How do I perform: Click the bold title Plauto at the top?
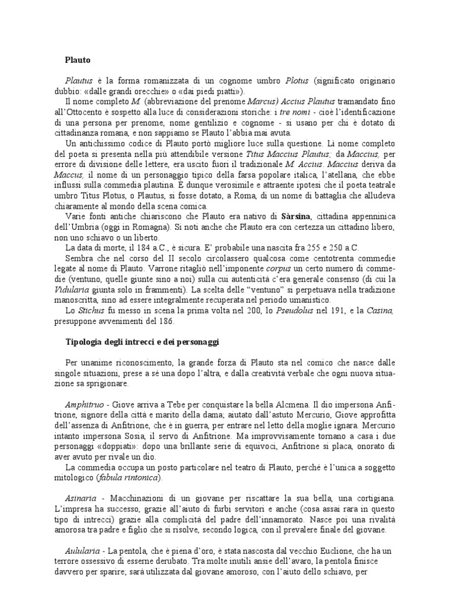point(78,59)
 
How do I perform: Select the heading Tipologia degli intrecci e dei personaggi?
point(147,341)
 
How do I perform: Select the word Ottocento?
point(85,111)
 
